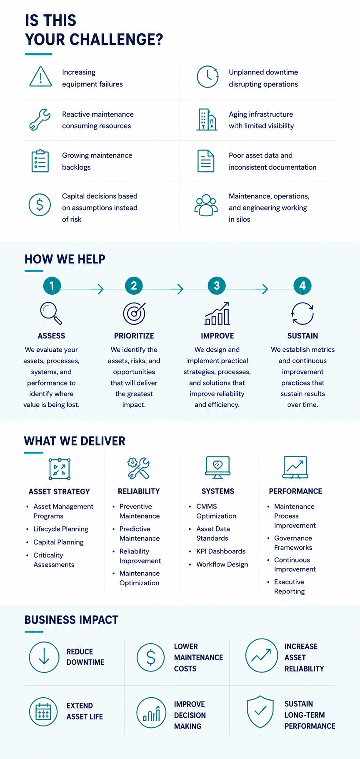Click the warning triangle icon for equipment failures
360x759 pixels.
(x=40, y=77)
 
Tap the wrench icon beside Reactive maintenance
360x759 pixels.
(x=40, y=120)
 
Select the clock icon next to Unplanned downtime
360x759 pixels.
(x=207, y=77)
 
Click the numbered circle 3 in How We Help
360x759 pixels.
(x=217, y=286)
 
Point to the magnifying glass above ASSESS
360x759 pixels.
(x=51, y=313)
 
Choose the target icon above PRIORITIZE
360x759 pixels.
(x=134, y=313)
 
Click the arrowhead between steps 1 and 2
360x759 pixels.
(x=100, y=289)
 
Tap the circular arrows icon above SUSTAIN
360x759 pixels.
(x=302, y=313)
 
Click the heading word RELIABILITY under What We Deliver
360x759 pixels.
(x=139, y=491)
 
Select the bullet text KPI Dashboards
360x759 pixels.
(x=221, y=551)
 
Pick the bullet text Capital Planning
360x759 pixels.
(x=58, y=542)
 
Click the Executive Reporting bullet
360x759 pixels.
(x=289, y=586)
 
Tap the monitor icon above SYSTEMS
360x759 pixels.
(x=217, y=467)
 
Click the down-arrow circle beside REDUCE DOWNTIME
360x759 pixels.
(x=44, y=657)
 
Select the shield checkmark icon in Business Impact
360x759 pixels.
(x=260, y=711)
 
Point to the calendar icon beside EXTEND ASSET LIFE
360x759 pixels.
(x=43, y=712)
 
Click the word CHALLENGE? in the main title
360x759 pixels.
(x=116, y=40)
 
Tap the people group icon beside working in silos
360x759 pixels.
(x=206, y=205)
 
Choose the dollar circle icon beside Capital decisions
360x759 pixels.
(x=40, y=205)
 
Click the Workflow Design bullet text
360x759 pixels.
(x=222, y=564)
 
